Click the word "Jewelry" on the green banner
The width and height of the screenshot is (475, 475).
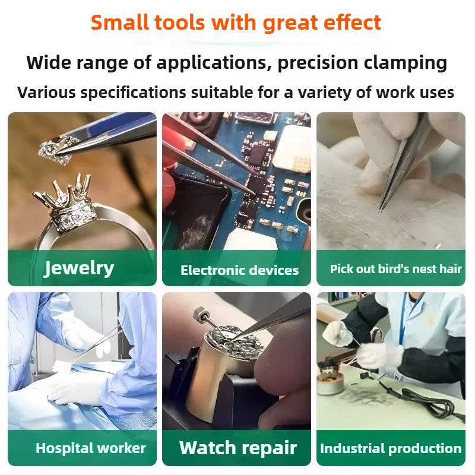point(79,269)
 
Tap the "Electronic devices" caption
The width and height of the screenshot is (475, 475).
point(240,270)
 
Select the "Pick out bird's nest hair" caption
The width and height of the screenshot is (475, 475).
point(395,269)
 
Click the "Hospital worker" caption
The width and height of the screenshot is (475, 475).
point(91,448)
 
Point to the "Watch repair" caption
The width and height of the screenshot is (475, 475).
point(238,448)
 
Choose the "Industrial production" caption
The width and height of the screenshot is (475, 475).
point(391,448)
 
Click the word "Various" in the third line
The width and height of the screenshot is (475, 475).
point(46,93)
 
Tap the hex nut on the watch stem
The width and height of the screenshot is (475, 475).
point(200,313)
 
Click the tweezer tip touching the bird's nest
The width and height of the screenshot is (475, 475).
point(381,209)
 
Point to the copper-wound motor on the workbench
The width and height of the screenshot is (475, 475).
point(330,382)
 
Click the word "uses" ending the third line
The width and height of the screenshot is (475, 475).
point(437,93)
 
